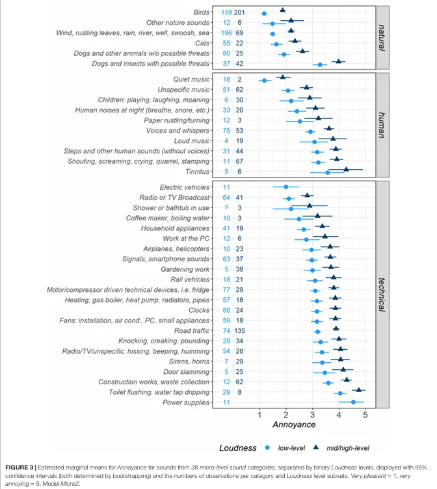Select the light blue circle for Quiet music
pyautogui.click(x=264, y=81)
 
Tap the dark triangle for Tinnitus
pyautogui.click(x=346, y=170)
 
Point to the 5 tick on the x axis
pyautogui.click(x=365, y=414)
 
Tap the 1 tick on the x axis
pyautogui.click(x=259, y=414)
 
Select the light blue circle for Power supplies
pyautogui.click(x=353, y=403)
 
